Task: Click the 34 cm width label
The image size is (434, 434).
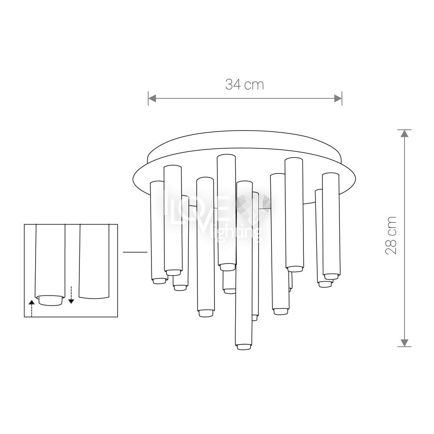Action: (245, 85)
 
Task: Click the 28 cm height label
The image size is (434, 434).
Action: (391, 236)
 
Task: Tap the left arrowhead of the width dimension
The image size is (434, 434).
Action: (152, 98)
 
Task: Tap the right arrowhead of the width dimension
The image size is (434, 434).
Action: (338, 98)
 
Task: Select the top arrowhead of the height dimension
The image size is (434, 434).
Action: (404, 133)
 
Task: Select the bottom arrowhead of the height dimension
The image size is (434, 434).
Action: (404, 343)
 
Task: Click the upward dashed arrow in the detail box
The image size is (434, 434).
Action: (32, 308)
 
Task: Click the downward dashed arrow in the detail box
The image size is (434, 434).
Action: (71, 295)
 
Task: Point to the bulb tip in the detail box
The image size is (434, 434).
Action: (50, 300)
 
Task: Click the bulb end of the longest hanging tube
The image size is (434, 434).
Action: (244, 347)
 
